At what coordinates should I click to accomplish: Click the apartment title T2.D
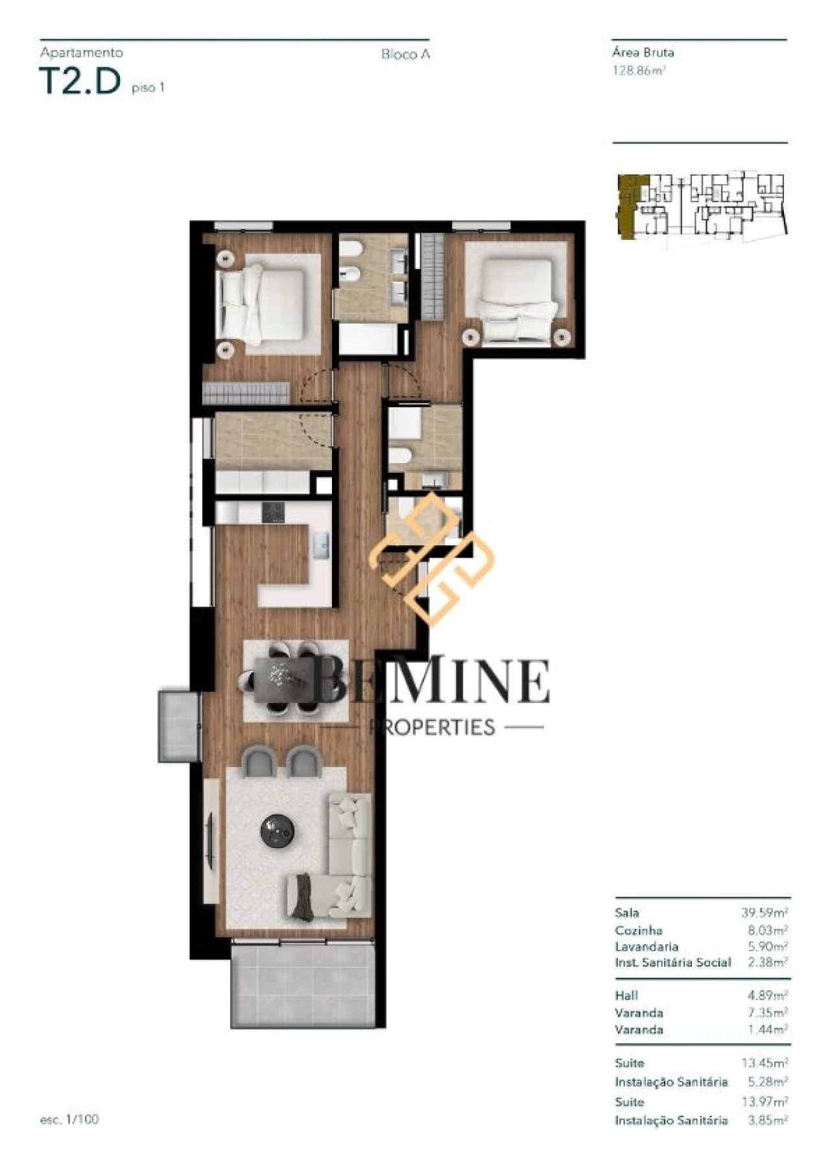tap(80, 82)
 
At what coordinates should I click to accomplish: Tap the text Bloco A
tap(405, 54)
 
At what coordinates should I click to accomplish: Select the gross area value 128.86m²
tap(639, 71)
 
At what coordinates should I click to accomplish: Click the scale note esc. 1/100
tap(69, 1119)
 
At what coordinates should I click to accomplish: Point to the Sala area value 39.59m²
tap(765, 913)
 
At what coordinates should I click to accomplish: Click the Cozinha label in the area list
tap(639, 930)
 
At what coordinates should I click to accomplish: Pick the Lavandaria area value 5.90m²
tap(768, 947)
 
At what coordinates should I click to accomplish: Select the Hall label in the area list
tap(626, 995)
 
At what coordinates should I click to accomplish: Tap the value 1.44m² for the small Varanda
tap(768, 1030)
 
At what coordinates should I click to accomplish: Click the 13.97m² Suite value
tap(765, 1102)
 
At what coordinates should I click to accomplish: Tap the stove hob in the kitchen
tap(272, 512)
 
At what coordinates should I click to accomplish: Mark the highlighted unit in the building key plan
tap(628, 206)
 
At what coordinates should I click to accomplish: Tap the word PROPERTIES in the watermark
tap(431, 727)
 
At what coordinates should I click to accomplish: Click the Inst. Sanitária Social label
tap(672, 962)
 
